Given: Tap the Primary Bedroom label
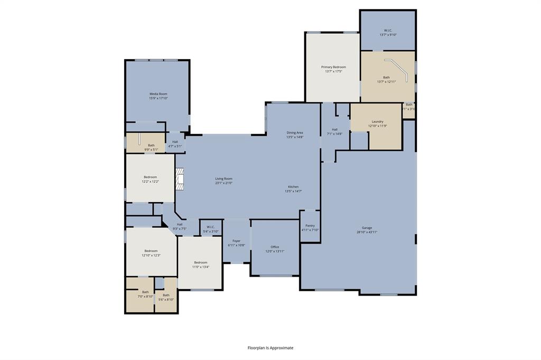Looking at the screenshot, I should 333,67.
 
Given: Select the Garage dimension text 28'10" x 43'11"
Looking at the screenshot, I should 366,232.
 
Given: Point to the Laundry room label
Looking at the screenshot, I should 377,121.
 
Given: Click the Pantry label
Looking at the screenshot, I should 310,225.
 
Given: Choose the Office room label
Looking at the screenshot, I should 275,247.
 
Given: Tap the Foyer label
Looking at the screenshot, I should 236,241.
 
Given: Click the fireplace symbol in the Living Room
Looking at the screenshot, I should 181,179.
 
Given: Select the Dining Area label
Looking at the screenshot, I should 295,132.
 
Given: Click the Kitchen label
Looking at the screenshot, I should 293,187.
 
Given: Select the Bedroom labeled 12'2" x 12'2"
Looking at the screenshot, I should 150,177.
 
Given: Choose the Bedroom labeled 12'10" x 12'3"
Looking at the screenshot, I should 151,251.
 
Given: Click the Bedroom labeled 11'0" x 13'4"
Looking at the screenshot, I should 200,262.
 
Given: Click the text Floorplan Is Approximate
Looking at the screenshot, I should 270,348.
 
